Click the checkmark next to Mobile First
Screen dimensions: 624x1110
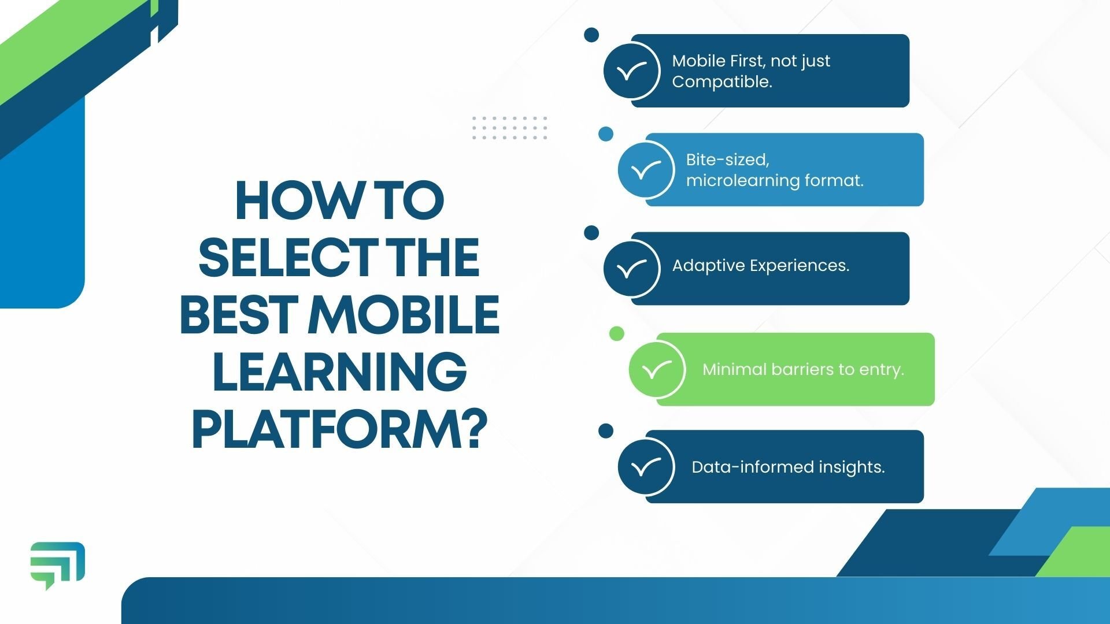point(631,71)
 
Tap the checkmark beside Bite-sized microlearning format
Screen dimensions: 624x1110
point(645,170)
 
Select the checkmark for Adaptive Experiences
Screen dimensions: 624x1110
point(631,269)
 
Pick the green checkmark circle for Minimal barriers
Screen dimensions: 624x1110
point(657,369)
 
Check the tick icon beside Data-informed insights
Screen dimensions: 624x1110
point(645,467)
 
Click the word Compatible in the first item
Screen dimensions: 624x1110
point(721,82)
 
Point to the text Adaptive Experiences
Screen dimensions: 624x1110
point(760,266)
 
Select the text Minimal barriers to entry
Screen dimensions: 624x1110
point(803,369)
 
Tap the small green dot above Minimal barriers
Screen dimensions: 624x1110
point(617,333)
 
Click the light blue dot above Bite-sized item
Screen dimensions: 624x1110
point(605,134)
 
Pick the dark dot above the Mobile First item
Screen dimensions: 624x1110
point(591,35)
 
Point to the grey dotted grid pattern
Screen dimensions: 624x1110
point(509,128)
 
